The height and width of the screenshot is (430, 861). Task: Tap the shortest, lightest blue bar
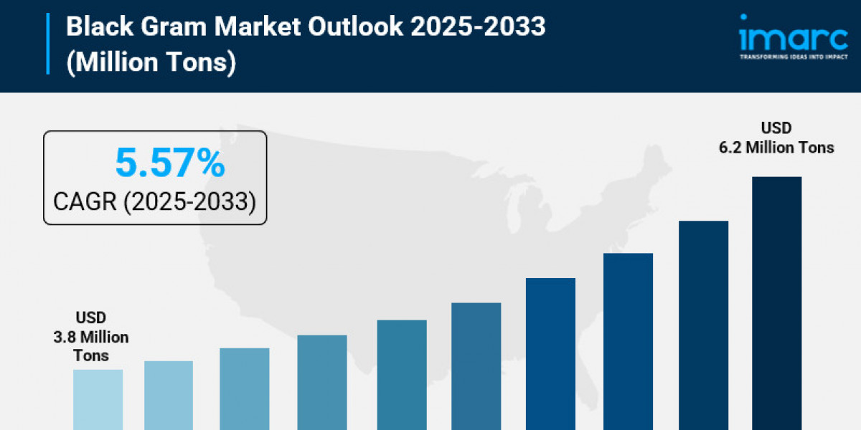[98, 399]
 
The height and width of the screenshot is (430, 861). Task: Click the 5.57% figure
[170, 164]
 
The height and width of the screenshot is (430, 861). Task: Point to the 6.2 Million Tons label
[776, 138]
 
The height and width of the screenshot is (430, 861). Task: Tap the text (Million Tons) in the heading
[151, 62]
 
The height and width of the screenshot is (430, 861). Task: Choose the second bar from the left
[169, 395]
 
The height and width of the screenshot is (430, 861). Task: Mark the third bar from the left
[245, 388]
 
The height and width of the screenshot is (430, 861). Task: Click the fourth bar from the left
[322, 382]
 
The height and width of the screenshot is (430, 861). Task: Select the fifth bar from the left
[402, 374]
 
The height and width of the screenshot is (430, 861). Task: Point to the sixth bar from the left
[476, 365]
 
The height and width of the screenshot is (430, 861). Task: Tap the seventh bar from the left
[551, 353]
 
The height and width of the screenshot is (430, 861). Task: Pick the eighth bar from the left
[629, 341]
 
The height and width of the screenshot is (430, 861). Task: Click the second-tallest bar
[703, 325]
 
